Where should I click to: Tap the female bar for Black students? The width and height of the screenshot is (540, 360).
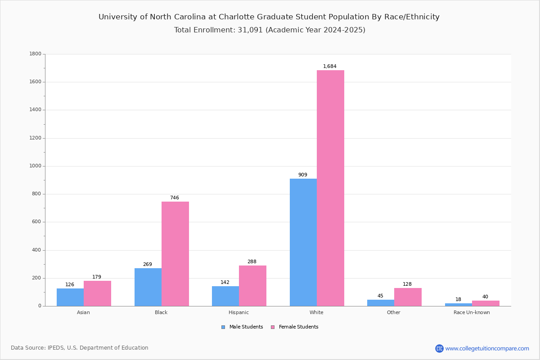(175, 254)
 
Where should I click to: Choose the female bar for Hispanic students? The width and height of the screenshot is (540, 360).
(252, 286)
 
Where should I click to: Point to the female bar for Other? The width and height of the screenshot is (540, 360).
(408, 297)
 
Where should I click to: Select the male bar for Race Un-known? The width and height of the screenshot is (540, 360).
(459, 305)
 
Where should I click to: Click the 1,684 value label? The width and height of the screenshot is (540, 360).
(330, 67)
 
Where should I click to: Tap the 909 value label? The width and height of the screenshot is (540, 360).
(303, 175)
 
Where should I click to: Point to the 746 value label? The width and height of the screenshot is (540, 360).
(175, 198)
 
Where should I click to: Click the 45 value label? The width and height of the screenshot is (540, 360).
(380, 296)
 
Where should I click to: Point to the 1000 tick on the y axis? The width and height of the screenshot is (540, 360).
(35, 166)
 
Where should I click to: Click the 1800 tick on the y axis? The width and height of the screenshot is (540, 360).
(35, 54)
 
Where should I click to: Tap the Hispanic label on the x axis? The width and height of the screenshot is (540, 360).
(238, 312)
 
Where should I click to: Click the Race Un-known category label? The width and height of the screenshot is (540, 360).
(472, 312)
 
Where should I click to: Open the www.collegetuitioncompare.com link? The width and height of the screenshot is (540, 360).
(487, 348)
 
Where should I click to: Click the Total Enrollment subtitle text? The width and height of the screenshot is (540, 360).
(270, 30)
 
